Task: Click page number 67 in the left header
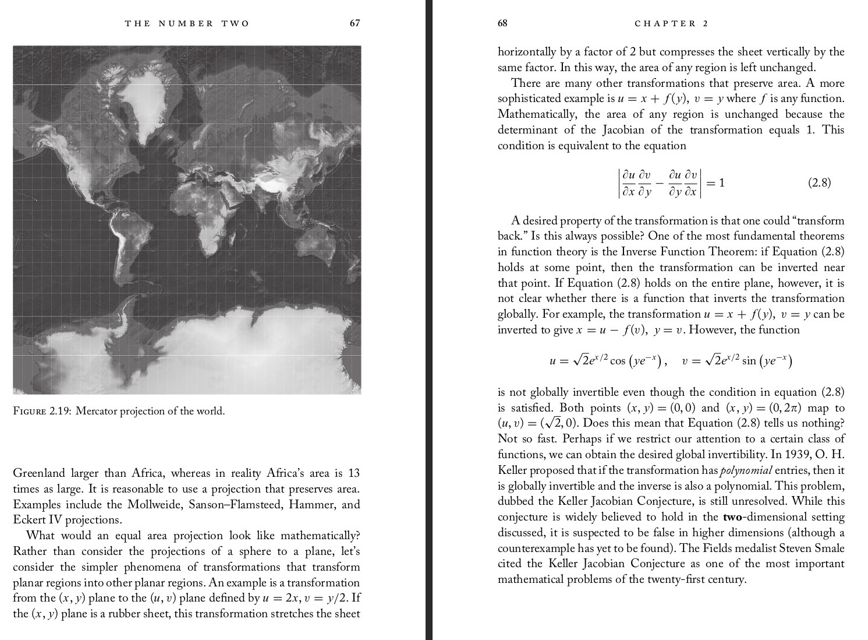click(355, 23)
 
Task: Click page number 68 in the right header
click(502, 23)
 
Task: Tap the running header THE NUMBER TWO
click(187, 23)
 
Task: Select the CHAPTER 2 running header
click(671, 23)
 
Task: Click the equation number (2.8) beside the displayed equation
click(819, 183)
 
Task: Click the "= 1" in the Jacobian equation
click(717, 183)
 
